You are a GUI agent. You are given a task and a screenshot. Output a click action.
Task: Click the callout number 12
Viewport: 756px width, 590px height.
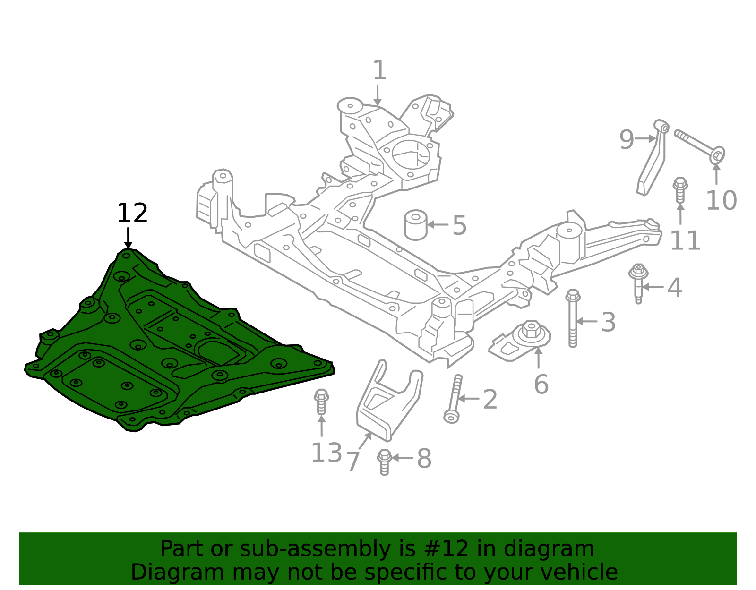[x=132, y=214]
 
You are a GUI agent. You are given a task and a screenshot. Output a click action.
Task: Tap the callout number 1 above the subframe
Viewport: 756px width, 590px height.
[x=379, y=71]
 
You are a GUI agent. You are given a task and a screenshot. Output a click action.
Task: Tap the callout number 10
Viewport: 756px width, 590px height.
[x=721, y=201]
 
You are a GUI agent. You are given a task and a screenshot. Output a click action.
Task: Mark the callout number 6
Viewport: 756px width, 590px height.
[x=541, y=384]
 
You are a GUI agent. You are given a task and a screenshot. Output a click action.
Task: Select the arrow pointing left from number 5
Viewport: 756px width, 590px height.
[x=438, y=225]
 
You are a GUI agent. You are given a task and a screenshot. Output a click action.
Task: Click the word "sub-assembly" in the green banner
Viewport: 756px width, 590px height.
[x=313, y=549]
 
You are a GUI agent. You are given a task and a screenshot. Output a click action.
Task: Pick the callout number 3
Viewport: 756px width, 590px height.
[x=609, y=323]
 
